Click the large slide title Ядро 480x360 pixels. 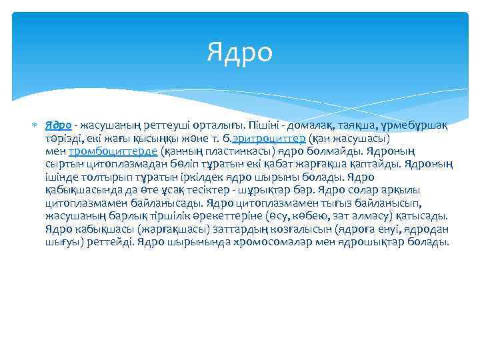(x=240, y=53)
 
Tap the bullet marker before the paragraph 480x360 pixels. (x=35, y=125)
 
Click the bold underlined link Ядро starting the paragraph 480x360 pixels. (x=59, y=126)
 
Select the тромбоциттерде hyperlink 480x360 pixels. (x=113, y=151)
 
